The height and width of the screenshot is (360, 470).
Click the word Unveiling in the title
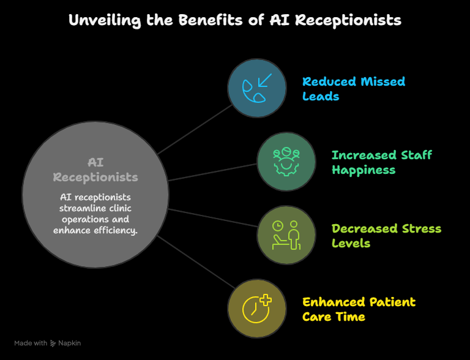[x=105, y=21]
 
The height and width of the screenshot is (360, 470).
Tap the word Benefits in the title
[x=211, y=20]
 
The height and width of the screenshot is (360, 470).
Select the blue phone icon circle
[x=257, y=88]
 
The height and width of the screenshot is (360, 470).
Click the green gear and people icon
[x=286, y=162]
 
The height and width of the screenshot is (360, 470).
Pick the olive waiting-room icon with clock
[x=286, y=235]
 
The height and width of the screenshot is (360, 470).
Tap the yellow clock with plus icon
[x=257, y=309]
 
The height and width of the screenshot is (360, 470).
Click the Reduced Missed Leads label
[x=354, y=89]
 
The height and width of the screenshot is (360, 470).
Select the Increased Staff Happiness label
[x=382, y=162]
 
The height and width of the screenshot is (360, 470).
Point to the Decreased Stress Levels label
[x=386, y=236]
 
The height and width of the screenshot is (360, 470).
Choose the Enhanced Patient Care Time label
[x=359, y=309]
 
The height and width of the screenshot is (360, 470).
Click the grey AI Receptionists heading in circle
[x=95, y=170]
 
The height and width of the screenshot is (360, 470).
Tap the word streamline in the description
[x=80, y=208]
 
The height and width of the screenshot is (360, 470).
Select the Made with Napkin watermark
[x=47, y=343]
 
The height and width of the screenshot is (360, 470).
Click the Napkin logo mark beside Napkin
[x=53, y=343]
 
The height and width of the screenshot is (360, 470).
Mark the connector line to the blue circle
[x=195, y=129]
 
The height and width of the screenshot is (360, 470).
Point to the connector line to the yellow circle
[x=196, y=262]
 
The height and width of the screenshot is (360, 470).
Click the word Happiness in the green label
[x=364, y=170]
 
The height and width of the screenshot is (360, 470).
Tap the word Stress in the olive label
[x=422, y=228]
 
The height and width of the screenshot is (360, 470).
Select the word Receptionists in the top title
[x=348, y=21]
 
